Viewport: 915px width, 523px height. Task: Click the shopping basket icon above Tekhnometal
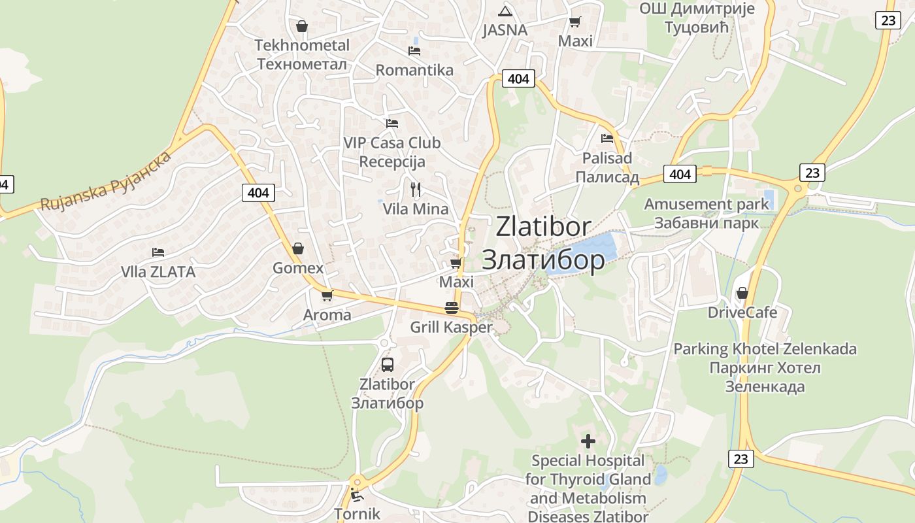tap(302, 26)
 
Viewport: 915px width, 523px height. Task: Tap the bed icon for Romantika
tap(414, 50)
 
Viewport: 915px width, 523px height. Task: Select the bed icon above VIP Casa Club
tap(392, 122)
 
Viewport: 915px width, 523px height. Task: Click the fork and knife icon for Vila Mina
tap(416, 190)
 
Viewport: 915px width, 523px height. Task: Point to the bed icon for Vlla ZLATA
tap(158, 252)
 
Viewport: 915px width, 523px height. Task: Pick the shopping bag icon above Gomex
tap(298, 248)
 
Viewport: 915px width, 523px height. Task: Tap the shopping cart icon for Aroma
tap(327, 295)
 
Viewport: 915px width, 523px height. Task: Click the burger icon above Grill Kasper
tap(451, 307)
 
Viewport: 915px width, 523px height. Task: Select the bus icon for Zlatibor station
tap(388, 364)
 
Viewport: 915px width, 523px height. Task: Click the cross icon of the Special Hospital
tap(588, 441)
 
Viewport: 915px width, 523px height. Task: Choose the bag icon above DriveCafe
tap(742, 293)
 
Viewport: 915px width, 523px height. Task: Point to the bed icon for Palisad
tap(607, 139)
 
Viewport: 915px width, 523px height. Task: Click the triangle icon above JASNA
tap(505, 11)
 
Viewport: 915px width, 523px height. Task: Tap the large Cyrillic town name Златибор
tap(543, 260)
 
